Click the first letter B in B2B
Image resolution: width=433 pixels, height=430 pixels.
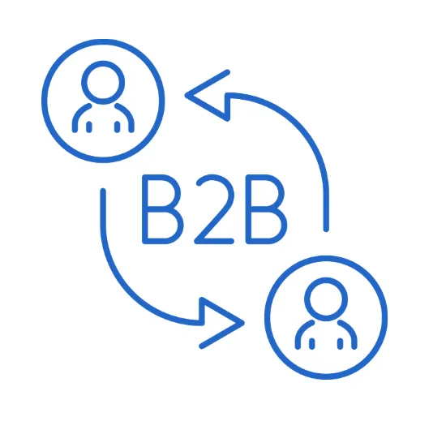pos(144,209)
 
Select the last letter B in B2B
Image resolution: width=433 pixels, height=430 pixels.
pos(249,209)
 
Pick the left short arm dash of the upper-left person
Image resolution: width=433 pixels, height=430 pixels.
pos(89,127)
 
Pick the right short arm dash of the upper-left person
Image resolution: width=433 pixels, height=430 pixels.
pos(118,127)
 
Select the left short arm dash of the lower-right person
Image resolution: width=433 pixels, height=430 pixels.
pos(312,343)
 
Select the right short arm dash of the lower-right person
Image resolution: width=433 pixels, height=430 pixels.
pos(341,343)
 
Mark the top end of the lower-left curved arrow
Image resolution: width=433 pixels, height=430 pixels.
pos(103,191)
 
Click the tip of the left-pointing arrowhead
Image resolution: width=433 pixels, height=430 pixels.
pos(186,96)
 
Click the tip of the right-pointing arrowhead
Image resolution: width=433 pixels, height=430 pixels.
pos(244,323)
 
